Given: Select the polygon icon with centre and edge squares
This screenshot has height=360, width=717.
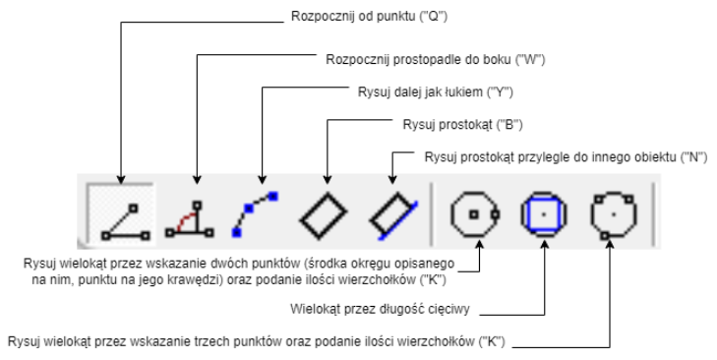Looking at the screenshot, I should click(x=474, y=212).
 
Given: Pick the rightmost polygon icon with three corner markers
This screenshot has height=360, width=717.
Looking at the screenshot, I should click(x=612, y=212).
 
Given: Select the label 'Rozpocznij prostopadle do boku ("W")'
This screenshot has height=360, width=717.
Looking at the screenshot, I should click(x=435, y=59).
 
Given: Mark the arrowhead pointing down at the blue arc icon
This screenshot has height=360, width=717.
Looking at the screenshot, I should click(x=261, y=182).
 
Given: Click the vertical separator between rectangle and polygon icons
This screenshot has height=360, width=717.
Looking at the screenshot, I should click(x=430, y=212).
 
